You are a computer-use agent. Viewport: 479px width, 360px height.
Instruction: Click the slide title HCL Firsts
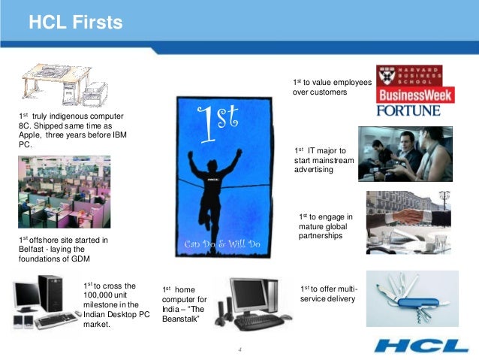click(75, 23)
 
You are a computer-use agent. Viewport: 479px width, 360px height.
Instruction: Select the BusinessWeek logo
click(408, 96)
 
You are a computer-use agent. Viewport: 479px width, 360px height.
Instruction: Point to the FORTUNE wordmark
click(408, 111)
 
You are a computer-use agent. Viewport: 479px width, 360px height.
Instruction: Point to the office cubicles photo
click(65, 192)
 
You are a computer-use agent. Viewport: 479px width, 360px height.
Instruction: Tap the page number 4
click(239, 350)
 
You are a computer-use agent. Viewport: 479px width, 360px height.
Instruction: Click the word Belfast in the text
click(35, 250)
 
